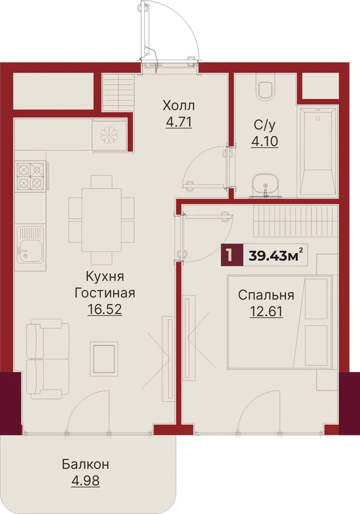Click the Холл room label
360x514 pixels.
point(179,106)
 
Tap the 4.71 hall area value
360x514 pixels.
point(179,122)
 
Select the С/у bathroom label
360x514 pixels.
point(265,125)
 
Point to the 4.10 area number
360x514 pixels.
point(265,141)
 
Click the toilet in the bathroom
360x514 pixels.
point(265,87)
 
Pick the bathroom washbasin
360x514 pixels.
point(265,185)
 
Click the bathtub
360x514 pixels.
point(318,151)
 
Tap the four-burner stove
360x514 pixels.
point(30,176)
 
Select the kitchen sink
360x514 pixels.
point(30,245)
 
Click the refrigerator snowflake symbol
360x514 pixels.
point(109,134)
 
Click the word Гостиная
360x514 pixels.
point(105,293)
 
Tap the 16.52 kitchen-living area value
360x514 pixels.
point(105,309)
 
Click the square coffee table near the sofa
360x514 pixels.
point(105,359)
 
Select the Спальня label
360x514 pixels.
point(266,295)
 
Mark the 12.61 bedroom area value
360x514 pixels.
point(266,311)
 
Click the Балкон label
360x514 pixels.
point(85,465)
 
